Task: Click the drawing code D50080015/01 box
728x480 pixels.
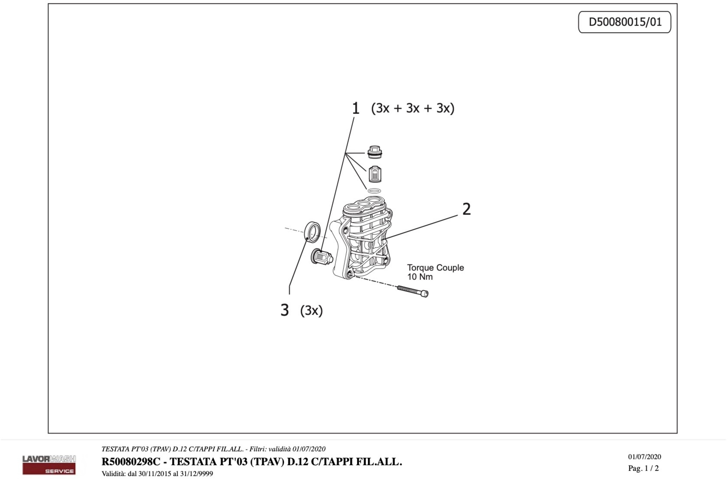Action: click(x=625, y=22)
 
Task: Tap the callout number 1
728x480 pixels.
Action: click(x=355, y=108)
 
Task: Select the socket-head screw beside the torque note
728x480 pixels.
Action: click(x=413, y=291)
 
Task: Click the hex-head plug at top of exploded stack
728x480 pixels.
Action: click(x=374, y=152)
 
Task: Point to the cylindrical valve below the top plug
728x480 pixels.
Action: click(x=375, y=174)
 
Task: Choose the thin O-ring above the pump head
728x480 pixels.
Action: click(x=374, y=191)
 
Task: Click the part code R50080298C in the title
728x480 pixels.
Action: click(x=131, y=461)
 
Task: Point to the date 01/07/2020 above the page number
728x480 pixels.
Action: click(x=645, y=457)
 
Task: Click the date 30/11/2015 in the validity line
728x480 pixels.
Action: click(x=155, y=474)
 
